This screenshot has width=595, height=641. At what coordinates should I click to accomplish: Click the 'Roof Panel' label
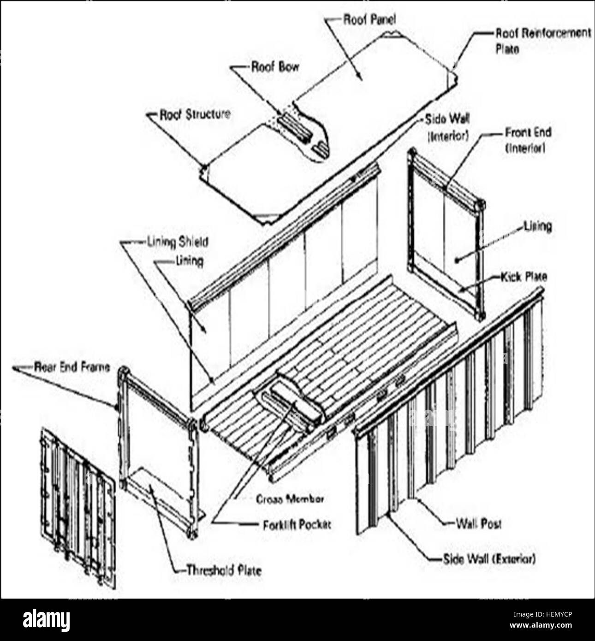[x=369, y=20]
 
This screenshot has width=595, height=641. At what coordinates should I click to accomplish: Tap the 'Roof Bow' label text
[x=275, y=67]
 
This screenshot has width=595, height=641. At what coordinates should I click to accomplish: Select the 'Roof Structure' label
[x=194, y=114]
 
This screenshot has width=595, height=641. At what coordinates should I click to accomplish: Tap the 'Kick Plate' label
[x=524, y=277]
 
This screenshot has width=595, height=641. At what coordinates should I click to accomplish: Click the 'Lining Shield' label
[x=177, y=242]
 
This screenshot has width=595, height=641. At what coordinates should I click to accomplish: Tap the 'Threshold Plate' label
[x=224, y=570]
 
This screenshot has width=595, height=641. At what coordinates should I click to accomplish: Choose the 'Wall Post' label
[x=478, y=524]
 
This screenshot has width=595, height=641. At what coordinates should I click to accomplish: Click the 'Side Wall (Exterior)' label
[x=489, y=559]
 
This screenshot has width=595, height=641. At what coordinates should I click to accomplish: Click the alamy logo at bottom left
[x=46, y=620]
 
